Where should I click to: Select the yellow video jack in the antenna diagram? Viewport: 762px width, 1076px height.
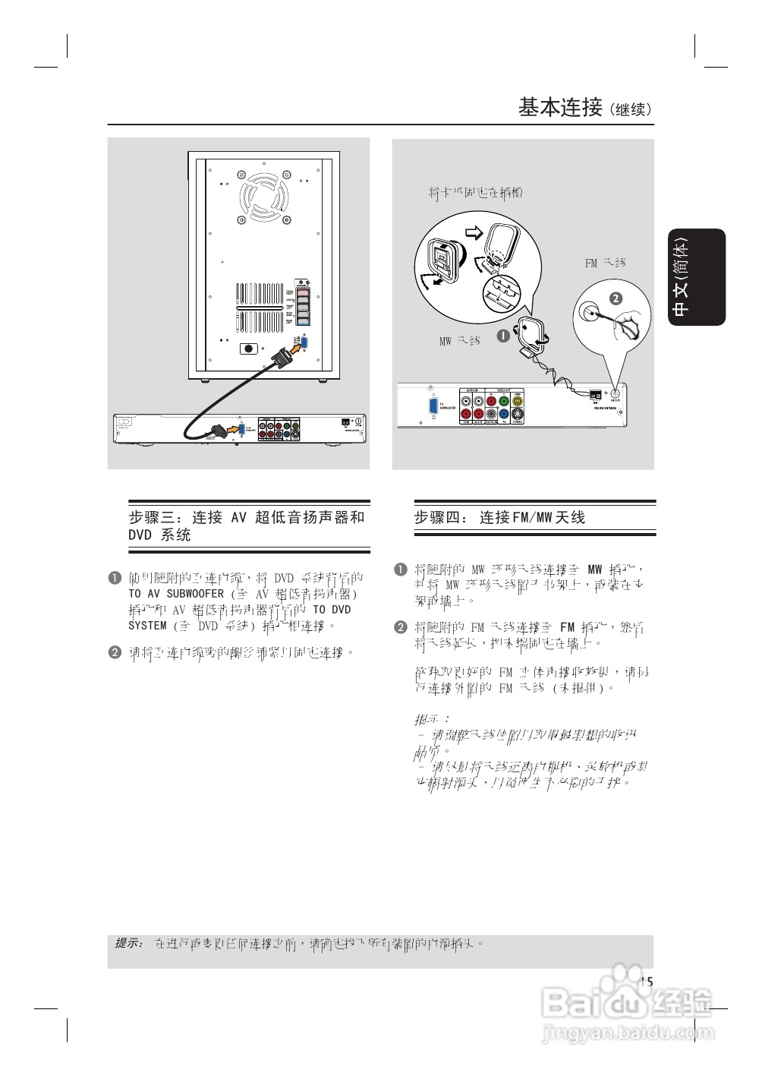pyautogui.click(x=517, y=401)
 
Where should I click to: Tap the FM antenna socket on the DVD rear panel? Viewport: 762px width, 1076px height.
pyautogui.click(x=614, y=393)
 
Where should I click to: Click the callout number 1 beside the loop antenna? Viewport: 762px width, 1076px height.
pyautogui.click(x=502, y=334)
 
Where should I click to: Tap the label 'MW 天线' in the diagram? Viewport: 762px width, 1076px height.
pyautogui.click(x=459, y=342)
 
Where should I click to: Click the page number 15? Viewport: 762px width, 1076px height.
pyautogui.click(x=646, y=982)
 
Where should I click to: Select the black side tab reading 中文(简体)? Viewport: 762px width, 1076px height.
pyautogui.click(x=697, y=277)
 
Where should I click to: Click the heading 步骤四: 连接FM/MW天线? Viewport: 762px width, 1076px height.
pyautogui.click(x=499, y=518)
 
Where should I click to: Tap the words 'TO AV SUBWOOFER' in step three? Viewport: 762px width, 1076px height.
pyautogui.click(x=176, y=594)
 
